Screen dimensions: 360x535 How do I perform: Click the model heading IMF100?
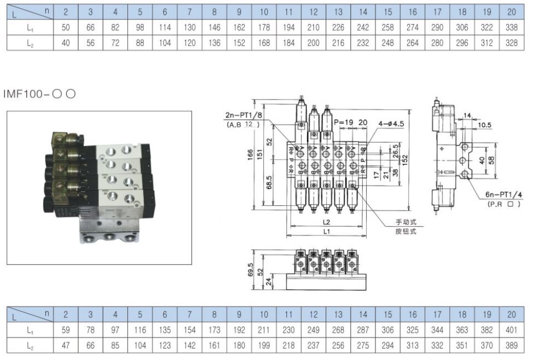39,94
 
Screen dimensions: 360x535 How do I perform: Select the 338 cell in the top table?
511,28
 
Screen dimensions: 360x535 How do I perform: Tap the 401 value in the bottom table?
511,330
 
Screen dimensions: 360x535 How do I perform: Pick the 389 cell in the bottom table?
511,345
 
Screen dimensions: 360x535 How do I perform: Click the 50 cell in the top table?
66,28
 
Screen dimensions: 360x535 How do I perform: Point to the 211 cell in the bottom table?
264,330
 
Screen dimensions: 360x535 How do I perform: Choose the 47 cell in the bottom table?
66,345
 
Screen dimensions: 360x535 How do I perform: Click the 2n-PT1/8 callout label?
244,115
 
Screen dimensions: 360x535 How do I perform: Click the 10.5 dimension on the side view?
484,125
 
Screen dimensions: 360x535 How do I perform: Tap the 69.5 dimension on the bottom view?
250,269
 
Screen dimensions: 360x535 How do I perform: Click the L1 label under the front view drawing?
327,232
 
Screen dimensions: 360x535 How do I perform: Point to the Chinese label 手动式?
406,222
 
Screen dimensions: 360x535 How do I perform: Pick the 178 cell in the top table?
264,28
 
